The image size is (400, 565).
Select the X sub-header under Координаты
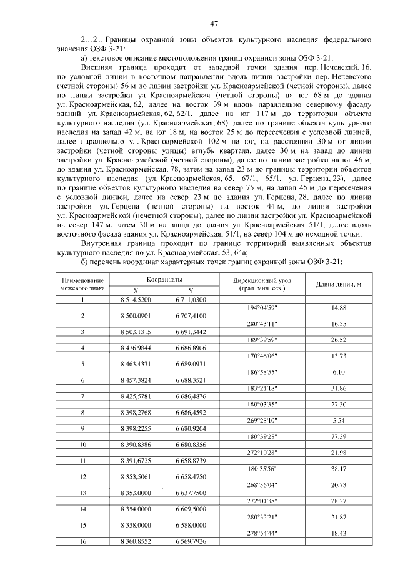(x=136, y=291)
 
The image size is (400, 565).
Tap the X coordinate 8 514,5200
(x=136, y=300)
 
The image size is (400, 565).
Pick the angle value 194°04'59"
(x=262, y=308)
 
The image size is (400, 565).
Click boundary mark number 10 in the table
(x=82, y=445)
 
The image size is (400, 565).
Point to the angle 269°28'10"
(x=262, y=420)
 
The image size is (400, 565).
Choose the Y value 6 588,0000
(x=191, y=526)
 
